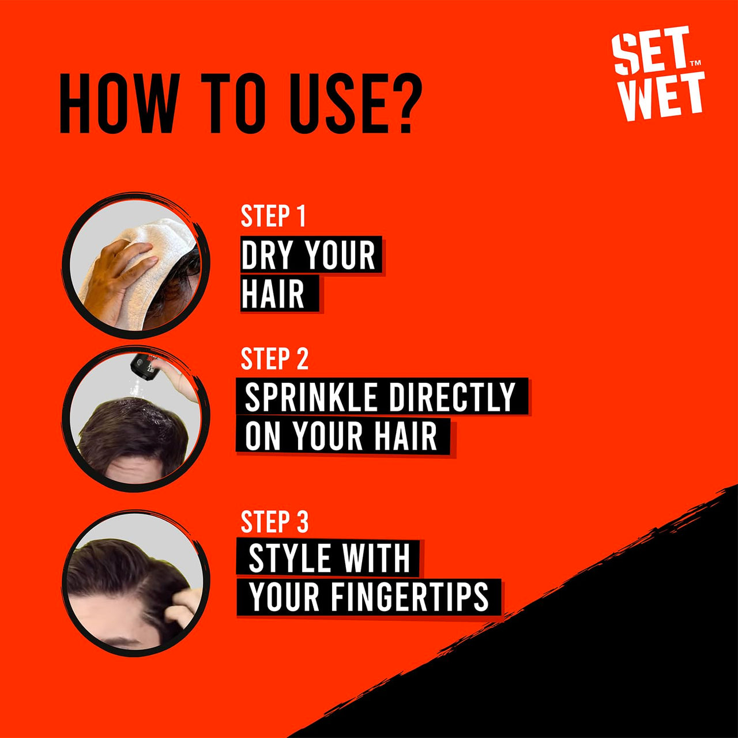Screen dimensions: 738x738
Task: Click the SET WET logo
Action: [x=657, y=74]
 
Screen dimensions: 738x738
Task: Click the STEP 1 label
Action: [x=273, y=216]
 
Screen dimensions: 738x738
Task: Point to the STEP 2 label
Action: [x=274, y=359]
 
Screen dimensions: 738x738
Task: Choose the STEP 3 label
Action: [x=274, y=522]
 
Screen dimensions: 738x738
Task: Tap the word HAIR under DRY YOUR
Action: [x=273, y=294]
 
